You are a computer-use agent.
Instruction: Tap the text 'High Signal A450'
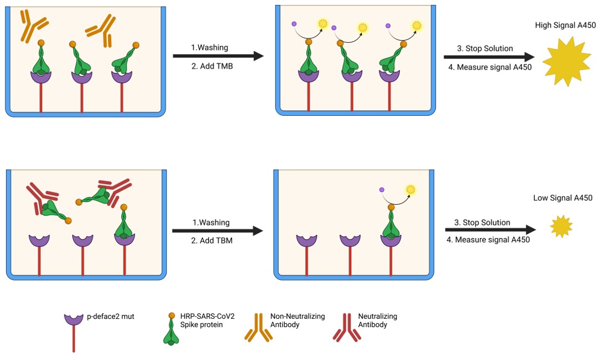tap(565, 25)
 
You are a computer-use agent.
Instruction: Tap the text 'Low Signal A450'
tap(563, 198)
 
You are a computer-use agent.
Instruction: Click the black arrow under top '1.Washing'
tap(217, 56)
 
